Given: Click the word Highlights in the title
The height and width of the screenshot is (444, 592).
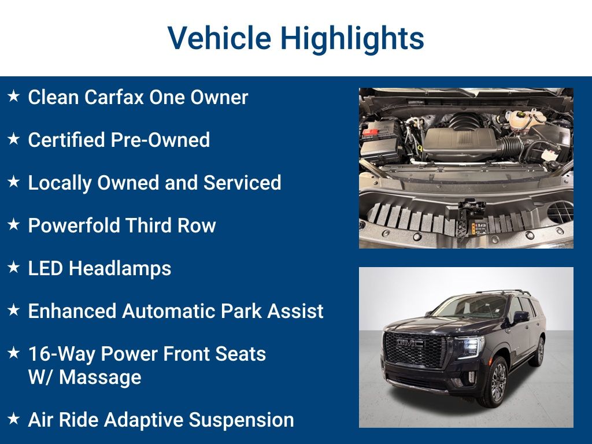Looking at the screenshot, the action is click(352, 39).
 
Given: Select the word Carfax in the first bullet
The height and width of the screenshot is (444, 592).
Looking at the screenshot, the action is click(114, 97).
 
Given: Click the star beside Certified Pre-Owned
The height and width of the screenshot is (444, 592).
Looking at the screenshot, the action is click(13, 139).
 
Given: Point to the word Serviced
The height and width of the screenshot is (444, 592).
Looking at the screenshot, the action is click(242, 183).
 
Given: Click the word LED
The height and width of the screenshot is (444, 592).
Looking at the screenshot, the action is click(45, 268).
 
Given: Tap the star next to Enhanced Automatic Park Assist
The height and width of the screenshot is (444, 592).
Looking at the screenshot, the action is click(13, 310).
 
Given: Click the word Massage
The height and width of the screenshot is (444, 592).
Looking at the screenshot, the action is click(100, 378).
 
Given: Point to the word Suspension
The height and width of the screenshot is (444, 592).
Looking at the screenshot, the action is click(241, 420).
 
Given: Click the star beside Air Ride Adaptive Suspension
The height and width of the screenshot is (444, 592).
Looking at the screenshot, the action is click(13, 419).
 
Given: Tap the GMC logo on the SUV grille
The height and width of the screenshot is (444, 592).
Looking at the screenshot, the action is click(410, 343).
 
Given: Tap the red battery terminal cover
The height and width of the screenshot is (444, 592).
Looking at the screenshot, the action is click(371, 133).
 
